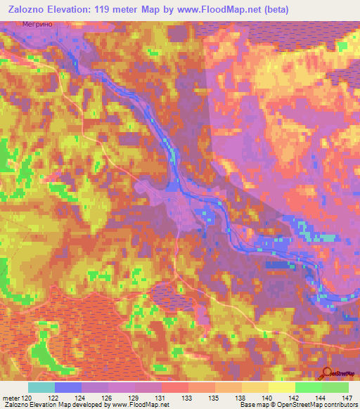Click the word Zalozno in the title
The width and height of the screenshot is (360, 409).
tap(28, 10)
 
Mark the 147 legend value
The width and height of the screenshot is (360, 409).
tap(345, 397)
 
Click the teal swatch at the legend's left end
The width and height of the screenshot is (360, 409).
tap(41, 387)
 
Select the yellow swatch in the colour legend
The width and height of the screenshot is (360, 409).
tap(282, 387)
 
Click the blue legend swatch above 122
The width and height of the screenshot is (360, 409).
tap(68, 387)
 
